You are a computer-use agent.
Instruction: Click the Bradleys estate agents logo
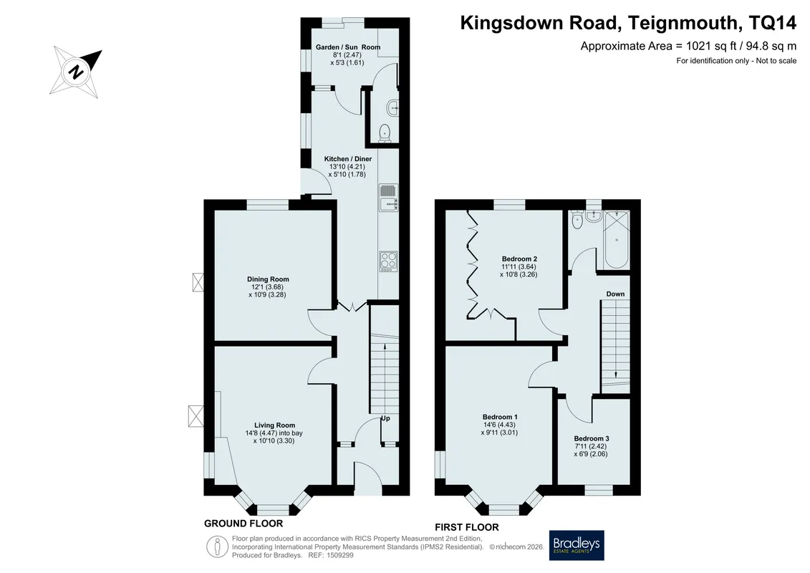(576, 545)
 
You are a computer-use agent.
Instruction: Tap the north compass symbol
(76, 72)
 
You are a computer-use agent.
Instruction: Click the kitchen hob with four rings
(388, 261)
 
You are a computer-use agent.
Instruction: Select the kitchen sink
(388, 198)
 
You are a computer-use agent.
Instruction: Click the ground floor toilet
(385, 133)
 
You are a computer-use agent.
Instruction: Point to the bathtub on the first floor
(617, 240)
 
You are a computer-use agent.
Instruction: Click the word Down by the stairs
(615, 294)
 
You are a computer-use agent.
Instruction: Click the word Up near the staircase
(385, 418)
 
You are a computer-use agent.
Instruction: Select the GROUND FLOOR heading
(244, 524)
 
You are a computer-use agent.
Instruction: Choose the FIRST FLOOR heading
(466, 527)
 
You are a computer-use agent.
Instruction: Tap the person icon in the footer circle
(218, 547)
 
